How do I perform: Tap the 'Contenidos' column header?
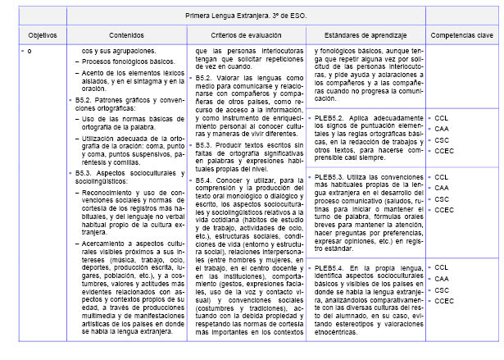(x=126, y=37)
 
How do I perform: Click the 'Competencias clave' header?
(x=462, y=37)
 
